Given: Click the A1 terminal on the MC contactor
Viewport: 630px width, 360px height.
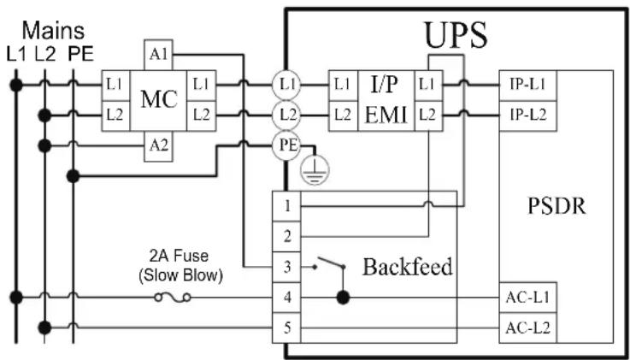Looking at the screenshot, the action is point(158,55).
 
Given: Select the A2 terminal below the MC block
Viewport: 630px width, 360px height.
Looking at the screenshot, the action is point(158,146).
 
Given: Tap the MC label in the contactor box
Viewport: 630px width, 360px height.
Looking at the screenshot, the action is point(158,100).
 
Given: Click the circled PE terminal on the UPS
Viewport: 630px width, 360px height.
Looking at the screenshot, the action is point(286,145).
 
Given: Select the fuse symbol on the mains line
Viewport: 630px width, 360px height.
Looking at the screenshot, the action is point(173,298).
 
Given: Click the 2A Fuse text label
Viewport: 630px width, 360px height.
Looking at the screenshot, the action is point(179,257).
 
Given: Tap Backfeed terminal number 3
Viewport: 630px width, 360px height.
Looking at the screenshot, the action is point(286,267).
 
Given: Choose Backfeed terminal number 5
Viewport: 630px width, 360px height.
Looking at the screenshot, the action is point(286,328).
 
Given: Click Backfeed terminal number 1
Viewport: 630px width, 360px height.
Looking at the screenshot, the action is point(286,206).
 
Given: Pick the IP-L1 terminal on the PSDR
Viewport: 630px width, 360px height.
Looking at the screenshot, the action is point(528,86).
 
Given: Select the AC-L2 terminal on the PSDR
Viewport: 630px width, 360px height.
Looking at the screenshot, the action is point(528,328).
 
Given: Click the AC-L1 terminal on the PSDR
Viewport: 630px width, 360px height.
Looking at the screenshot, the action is point(528,298).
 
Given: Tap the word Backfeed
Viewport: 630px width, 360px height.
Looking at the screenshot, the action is point(408,267).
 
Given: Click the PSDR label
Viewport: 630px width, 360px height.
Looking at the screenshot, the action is point(556,206).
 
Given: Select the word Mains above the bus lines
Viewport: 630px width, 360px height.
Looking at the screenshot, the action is point(53,31).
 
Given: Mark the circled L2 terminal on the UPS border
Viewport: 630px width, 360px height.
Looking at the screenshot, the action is point(286,115).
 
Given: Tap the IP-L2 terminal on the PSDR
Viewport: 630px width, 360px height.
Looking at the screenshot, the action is point(528,115).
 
